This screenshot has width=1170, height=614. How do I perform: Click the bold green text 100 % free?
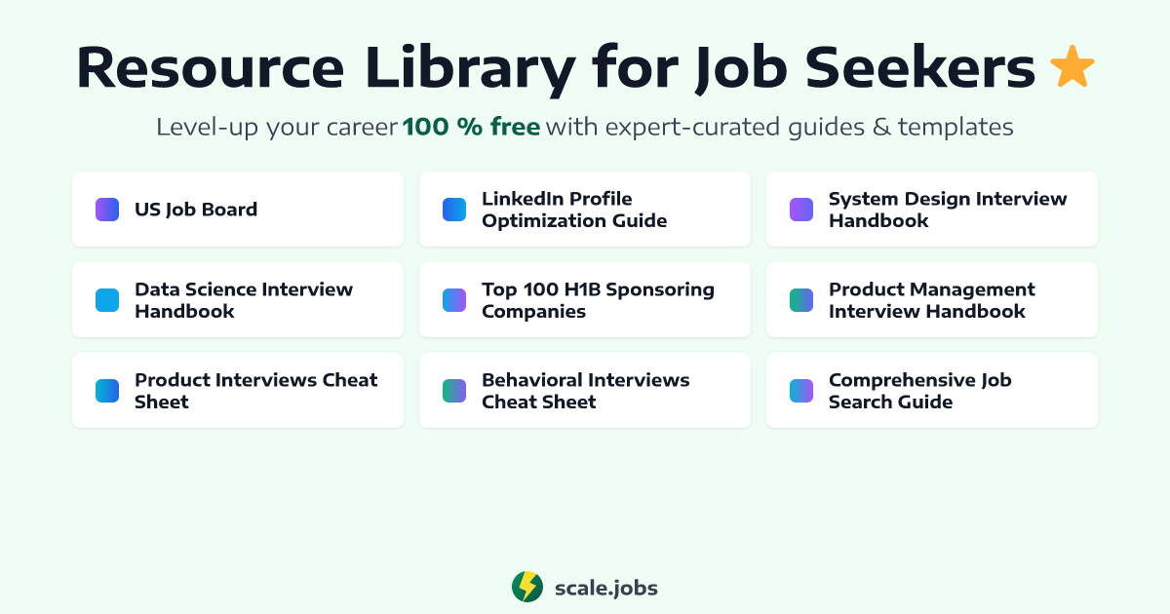coord(471,127)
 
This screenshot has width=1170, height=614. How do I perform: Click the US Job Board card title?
coord(196,210)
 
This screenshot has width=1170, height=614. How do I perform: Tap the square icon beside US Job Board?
coord(107,210)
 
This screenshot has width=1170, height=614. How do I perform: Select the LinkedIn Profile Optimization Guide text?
coord(574,210)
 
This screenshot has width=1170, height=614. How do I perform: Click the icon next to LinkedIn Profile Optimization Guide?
coord(454,210)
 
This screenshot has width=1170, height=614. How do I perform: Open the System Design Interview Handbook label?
coord(948,210)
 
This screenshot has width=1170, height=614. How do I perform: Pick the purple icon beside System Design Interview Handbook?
coord(801,210)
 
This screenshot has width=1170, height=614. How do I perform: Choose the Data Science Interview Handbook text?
coord(244,300)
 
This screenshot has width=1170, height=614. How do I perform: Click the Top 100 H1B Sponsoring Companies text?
coord(598,300)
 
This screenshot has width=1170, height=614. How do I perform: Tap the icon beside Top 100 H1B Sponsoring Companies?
coord(454,300)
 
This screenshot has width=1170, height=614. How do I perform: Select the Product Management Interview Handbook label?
coord(931,300)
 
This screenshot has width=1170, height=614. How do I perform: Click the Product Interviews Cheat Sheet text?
coord(255,391)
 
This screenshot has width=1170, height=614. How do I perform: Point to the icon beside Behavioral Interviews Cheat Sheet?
coord(454,391)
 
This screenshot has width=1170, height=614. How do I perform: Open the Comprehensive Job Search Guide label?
coord(919,391)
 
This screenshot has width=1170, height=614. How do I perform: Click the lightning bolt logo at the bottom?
coord(527,587)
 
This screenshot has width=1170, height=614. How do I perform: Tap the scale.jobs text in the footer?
coord(605,588)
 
